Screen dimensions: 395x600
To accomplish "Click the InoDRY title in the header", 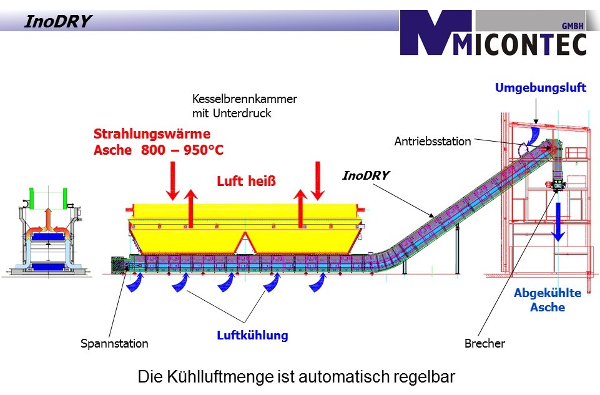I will (x=57, y=22).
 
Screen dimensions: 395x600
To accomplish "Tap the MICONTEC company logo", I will (x=493, y=34).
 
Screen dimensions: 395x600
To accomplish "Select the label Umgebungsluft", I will (x=541, y=88).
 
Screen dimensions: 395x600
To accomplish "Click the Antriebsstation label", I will (x=433, y=142).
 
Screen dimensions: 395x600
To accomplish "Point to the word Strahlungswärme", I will (x=152, y=134).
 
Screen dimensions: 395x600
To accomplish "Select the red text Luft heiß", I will (x=246, y=182).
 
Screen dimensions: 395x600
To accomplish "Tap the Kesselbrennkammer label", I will (x=245, y=99).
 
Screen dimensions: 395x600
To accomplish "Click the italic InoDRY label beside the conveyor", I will (x=366, y=176).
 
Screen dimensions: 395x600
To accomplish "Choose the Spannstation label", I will (x=115, y=343).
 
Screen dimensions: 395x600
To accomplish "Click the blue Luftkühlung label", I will (x=252, y=336).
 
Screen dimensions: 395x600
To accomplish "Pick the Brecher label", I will (x=484, y=343).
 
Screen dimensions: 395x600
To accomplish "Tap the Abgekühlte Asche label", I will (x=548, y=300).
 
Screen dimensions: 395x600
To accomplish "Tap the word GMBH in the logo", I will (x=569, y=26).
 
